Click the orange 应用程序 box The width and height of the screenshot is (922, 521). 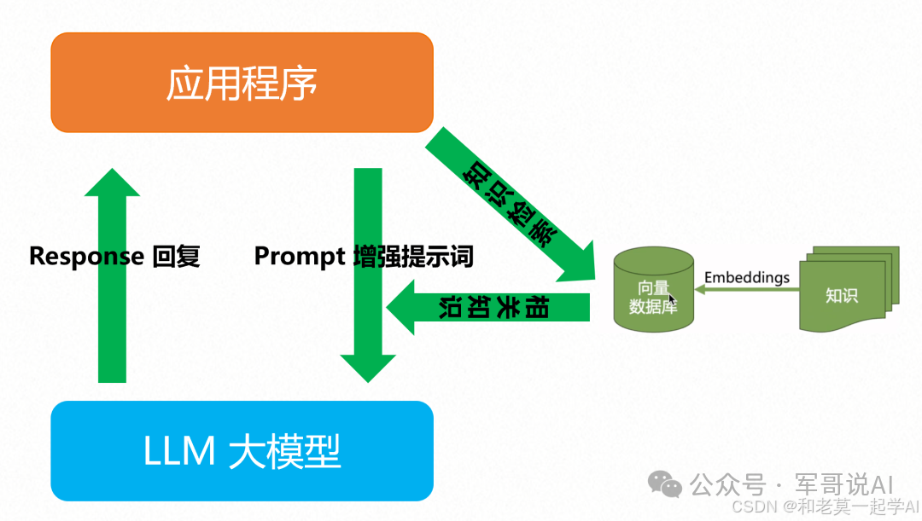pyautogui.click(x=242, y=83)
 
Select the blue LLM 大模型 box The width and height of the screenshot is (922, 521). pyautogui.click(x=242, y=450)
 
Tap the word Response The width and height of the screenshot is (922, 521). pyautogui.click(x=86, y=256)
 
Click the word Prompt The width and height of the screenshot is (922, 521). pyautogui.click(x=300, y=256)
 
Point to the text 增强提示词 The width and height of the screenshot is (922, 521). pyautogui.click(x=413, y=256)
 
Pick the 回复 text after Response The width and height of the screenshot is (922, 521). pyautogui.click(x=176, y=256)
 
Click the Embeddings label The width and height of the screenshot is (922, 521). pyautogui.click(x=747, y=277)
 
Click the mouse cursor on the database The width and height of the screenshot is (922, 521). pyautogui.click(x=673, y=299)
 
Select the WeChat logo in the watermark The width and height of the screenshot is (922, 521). pyautogui.click(x=665, y=483)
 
